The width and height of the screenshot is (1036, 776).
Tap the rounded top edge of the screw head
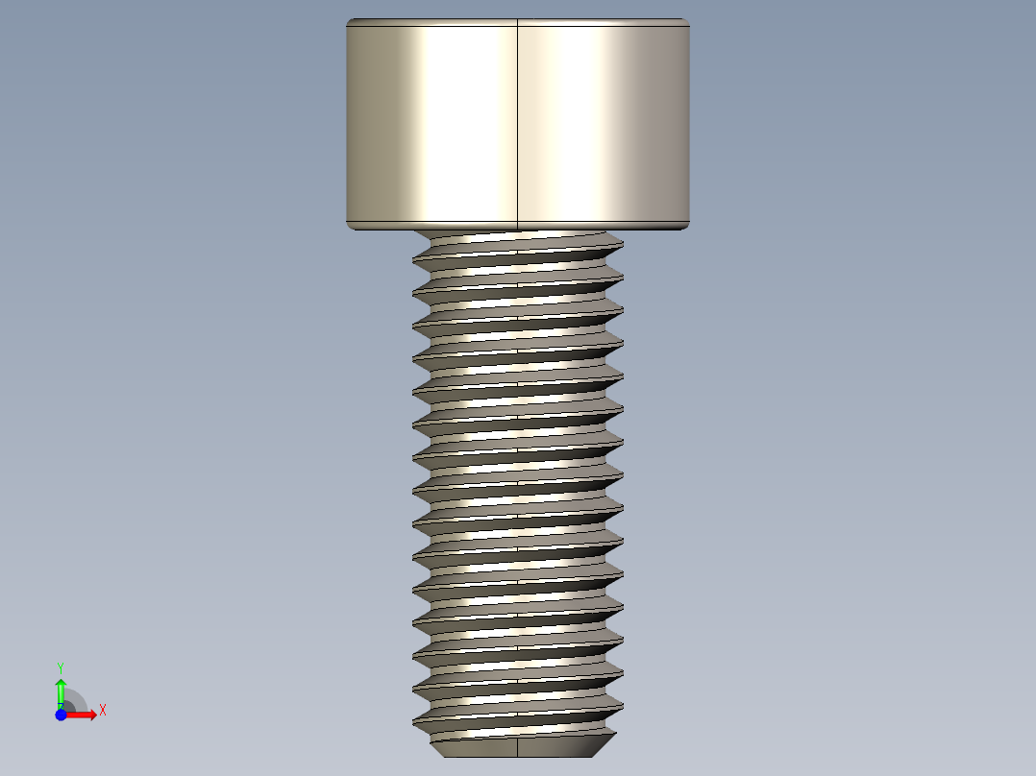pyautogui.click(x=518, y=22)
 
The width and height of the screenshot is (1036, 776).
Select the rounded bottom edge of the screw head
pyautogui.click(x=518, y=227)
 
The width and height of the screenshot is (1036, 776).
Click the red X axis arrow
pyautogui.click(x=83, y=715)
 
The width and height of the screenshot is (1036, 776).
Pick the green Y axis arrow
pyautogui.click(x=61, y=690)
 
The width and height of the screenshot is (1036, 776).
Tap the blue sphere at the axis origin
pyautogui.click(x=61, y=715)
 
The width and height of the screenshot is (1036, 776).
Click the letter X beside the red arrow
pyautogui.click(x=102, y=711)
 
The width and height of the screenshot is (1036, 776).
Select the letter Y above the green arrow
pyautogui.click(x=61, y=667)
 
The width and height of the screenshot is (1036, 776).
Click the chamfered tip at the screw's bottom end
pyautogui.click(x=518, y=746)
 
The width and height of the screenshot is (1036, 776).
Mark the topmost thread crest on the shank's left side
pyautogui.click(x=415, y=259)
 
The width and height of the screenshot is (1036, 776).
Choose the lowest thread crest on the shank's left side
pyautogui.click(x=415, y=718)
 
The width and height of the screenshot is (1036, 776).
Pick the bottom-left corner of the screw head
pyautogui.click(x=349, y=227)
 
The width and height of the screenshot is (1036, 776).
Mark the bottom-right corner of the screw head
pyautogui.click(x=687, y=227)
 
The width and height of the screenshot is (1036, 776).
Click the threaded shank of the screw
pyautogui.click(x=518, y=480)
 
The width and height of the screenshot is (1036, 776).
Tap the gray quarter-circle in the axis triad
pyautogui.click(x=75, y=700)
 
